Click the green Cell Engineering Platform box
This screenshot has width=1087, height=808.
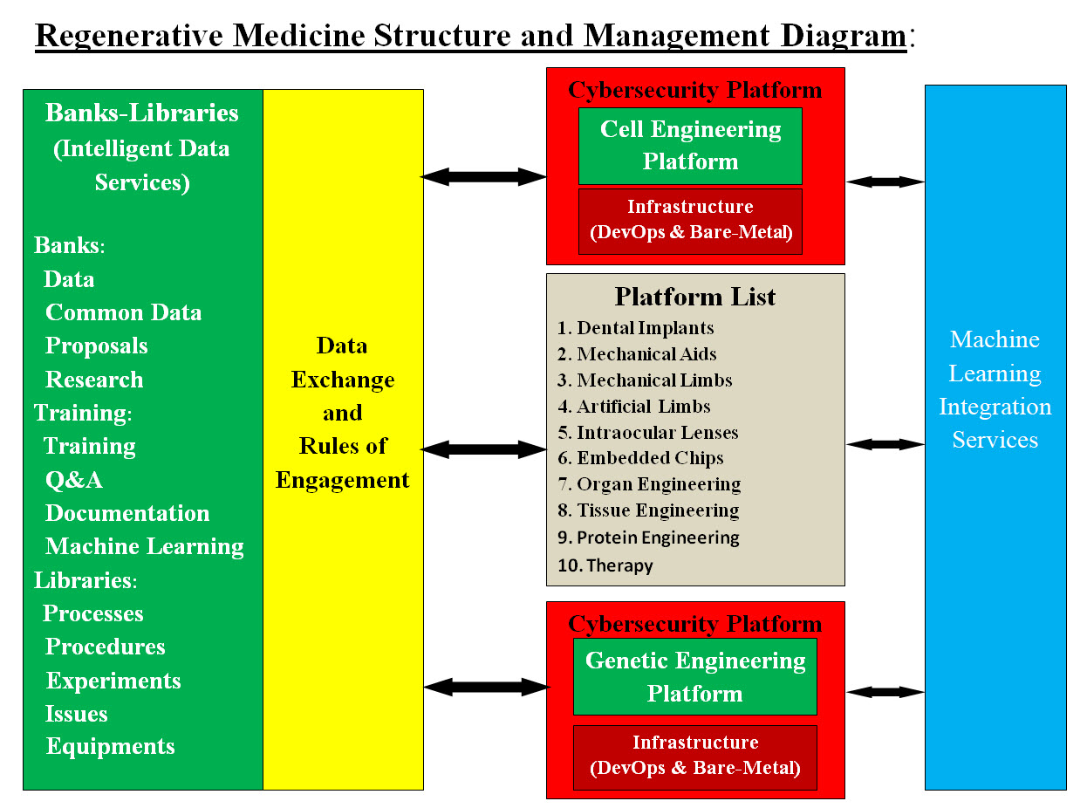coord(690,146)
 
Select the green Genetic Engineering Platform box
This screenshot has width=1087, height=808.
coord(694,677)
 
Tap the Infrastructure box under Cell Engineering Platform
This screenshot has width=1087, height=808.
coord(690,221)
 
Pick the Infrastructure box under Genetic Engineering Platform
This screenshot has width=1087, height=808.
coord(694,757)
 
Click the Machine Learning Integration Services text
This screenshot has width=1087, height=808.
coord(995,389)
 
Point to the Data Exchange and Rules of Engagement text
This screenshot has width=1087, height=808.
coord(342,413)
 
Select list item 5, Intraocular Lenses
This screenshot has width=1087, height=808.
coord(657,433)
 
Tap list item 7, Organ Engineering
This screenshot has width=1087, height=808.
coord(659,484)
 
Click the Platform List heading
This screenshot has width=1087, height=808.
coord(694,297)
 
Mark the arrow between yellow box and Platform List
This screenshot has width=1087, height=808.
coord(484,449)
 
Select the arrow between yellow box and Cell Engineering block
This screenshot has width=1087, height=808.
coord(484,177)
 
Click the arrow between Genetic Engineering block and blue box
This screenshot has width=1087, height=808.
coord(885,692)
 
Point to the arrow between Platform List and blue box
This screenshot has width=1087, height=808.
coord(885,444)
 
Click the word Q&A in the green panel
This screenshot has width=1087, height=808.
coord(74,480)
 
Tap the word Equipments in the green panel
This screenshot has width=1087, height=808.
coord(111,747)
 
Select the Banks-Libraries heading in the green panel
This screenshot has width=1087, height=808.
coord(141,113)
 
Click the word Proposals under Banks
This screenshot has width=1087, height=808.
coord(97,346)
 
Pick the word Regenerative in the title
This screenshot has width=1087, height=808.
coord(127,36)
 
